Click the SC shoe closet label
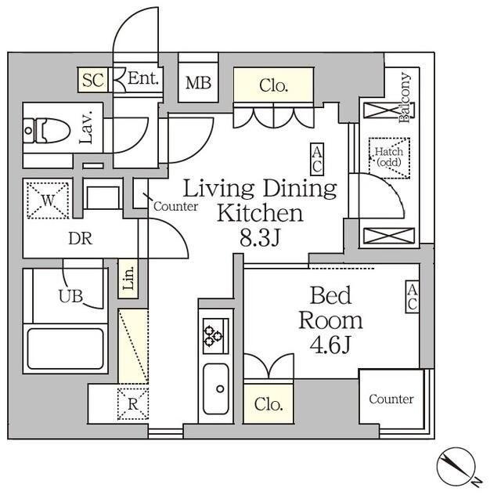[92, 80]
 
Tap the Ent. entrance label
[142, 78]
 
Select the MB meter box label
[198, 83]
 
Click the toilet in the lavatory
[47, 131]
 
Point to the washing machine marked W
[48, 201]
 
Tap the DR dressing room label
[80, 239]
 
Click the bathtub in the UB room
[66, 349]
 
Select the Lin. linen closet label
[128, 278]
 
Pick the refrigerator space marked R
[133, 404]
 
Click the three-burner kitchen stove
[216, 336]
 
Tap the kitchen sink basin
[216, 388]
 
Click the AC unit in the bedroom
[413, 297]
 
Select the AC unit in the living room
[317, 159]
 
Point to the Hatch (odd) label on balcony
[389, 157]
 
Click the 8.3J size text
[260, 238]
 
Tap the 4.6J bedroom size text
[330, 345]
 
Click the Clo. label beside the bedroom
[269, 404]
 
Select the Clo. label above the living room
[274, 85]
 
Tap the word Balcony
[404, 98]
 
